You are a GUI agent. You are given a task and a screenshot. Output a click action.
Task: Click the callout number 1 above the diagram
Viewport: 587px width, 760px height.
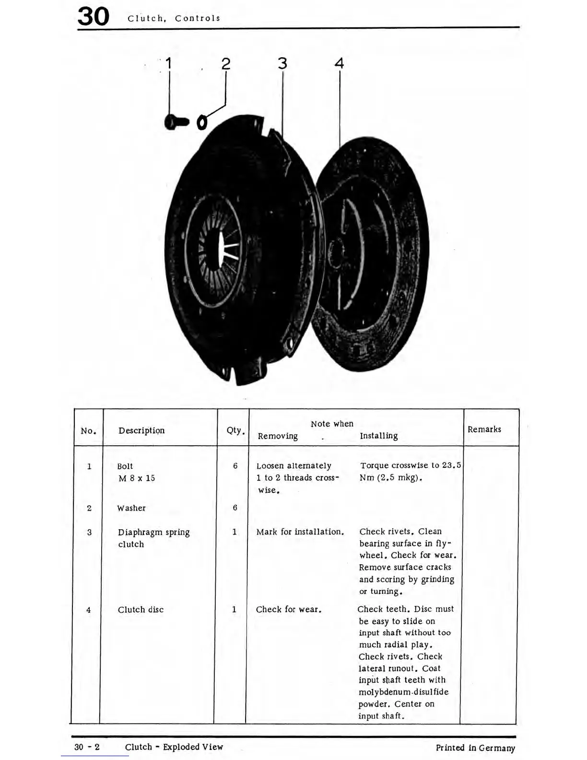pos(168,63)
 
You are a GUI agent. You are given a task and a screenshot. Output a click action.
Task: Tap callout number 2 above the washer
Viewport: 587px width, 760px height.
pos(225,64)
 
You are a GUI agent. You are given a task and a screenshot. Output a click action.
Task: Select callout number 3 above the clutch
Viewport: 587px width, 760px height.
pos(282,63)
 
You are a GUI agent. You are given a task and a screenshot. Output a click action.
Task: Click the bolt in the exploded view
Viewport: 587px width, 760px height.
pos(176,122)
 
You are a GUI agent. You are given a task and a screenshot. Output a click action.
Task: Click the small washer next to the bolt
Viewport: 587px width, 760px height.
pos(202,123)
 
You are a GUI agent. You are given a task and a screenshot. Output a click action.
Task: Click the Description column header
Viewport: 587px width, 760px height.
pos(141,430)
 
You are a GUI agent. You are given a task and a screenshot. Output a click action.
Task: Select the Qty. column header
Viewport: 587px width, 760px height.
pos(235,430)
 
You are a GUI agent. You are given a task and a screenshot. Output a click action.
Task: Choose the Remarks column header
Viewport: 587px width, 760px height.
pos(484,429)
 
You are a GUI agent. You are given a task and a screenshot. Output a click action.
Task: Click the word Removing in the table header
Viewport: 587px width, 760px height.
pos(278,436)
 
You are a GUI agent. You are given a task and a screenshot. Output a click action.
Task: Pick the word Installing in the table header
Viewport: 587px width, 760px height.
pos(379,436)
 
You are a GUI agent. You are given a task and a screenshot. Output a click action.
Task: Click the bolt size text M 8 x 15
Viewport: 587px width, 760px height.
pos(137,478)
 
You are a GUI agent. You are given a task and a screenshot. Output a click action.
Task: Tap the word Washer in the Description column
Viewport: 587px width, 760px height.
pos(131,508)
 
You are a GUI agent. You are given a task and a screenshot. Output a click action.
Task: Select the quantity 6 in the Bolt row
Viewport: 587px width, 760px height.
pos(235,466)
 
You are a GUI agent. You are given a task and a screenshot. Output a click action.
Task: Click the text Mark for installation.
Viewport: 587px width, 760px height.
pos(300,532)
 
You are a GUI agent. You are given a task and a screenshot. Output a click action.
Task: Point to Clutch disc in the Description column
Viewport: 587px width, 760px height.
pos(141,609)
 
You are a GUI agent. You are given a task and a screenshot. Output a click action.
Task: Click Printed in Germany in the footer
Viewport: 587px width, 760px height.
pos(475,748)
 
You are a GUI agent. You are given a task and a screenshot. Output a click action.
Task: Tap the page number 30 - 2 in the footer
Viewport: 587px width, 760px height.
pos(87,747)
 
